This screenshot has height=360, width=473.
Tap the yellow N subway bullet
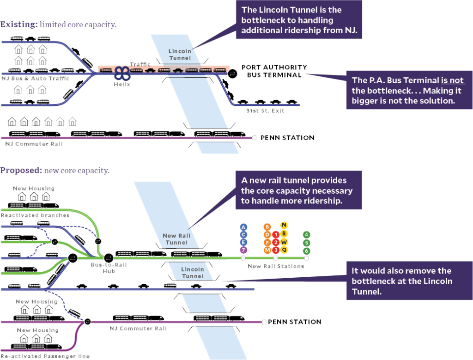[284, 225]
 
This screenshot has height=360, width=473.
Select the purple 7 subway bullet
[244, 250]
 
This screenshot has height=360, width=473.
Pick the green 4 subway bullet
[307, 234]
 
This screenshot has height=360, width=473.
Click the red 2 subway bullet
[276, 242]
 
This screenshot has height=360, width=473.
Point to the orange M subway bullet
[267, 250]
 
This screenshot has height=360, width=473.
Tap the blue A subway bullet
[244, 226]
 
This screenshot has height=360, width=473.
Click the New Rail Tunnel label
[176, 239]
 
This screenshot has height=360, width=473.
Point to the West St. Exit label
[265, 111]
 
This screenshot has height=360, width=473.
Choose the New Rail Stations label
[275, 266]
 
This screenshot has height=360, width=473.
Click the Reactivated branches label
[35, 215]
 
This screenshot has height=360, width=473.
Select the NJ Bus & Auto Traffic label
[35, 79]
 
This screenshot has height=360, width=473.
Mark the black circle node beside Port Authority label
[233, 73]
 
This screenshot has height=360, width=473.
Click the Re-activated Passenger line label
[45, 356]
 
